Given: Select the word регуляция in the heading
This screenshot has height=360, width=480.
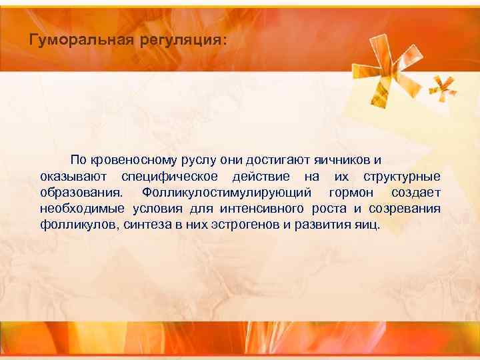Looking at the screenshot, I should pyautogui.click(x=182, y=41).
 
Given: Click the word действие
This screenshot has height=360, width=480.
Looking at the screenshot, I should pyautogui.click(x=261, y=177).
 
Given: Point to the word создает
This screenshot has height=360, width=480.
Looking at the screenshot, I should pyautogui.click(x=415, y=193).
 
